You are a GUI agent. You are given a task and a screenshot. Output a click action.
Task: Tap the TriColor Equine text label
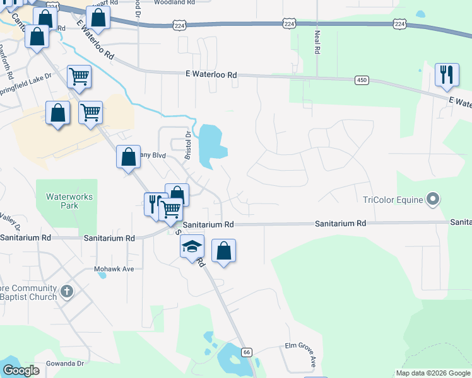(391, 201)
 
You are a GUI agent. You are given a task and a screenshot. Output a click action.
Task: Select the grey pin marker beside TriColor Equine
(432, 200)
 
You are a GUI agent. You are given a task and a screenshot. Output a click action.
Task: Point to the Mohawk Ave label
(114, 269)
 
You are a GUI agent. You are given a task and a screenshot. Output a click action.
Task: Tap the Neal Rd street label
(317, 42)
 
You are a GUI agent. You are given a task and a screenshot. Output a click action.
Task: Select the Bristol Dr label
(187, 144)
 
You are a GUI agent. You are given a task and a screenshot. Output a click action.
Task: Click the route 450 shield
(362, 80)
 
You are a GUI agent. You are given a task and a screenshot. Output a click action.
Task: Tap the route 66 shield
(247, 352)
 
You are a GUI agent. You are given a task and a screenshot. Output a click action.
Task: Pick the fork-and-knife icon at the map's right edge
(447, 75)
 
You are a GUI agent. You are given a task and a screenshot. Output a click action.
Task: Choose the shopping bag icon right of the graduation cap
(223, 251)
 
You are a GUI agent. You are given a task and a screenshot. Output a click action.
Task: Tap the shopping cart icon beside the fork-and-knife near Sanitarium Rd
(171, 208)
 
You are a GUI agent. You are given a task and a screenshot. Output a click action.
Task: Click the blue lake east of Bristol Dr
(211, 144)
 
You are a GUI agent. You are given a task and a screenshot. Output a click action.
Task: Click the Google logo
(21, 370)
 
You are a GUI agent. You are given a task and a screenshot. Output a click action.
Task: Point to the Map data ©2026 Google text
(433, 373)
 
